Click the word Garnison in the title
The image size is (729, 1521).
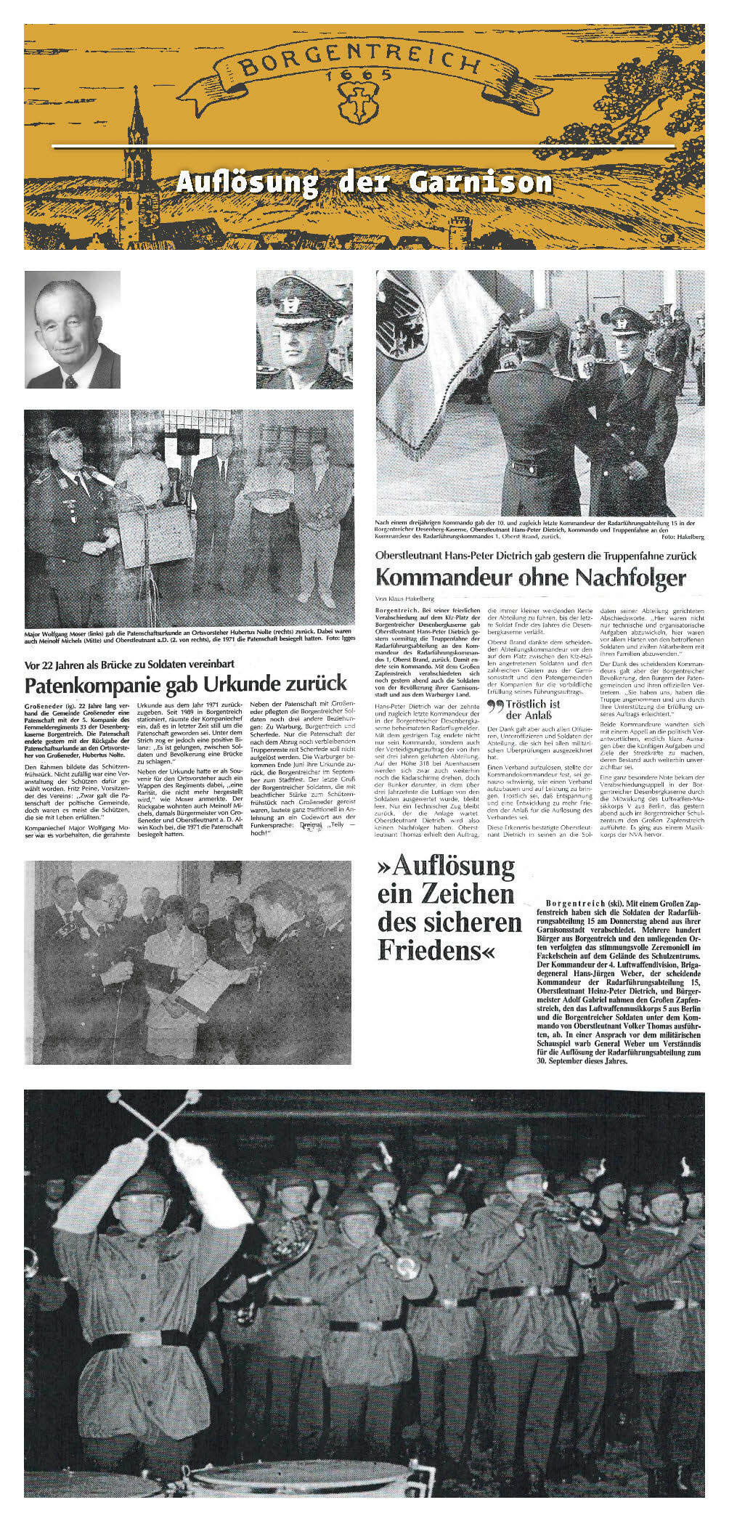[480, 182]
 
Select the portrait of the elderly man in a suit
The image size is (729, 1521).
[73, 330]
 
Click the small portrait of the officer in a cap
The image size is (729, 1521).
[304, 330]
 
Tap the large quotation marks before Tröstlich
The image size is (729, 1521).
[496, 707]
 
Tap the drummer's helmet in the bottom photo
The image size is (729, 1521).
[144, 1182]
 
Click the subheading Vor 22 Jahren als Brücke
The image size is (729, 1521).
[130, 664]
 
